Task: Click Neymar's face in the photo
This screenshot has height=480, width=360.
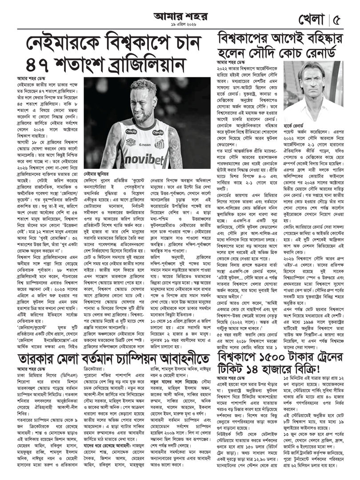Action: coord(143,107)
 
